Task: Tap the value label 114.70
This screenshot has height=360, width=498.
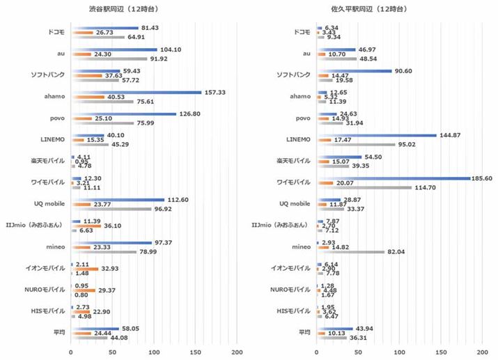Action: (425, 187)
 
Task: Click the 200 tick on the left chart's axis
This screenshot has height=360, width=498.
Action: (237, 352)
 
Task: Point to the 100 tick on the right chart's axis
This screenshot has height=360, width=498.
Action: (400, 352)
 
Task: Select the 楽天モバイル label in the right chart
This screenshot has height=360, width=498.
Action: (293, 162)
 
